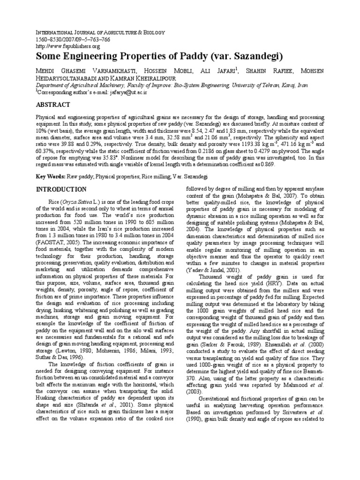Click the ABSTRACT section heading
[53, 104]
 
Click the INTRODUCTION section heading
[61, 189]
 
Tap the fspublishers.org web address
[68, 46]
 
